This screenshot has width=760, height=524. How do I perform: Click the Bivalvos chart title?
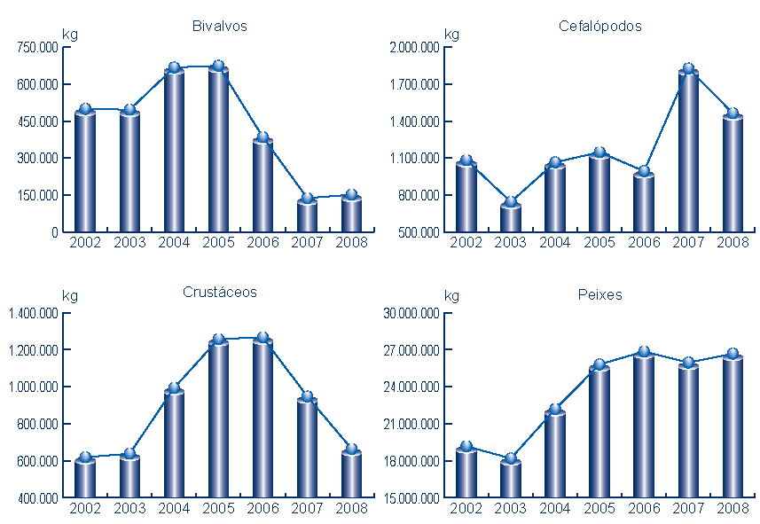click(219, 26)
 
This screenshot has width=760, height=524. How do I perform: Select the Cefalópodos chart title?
click(599, 26)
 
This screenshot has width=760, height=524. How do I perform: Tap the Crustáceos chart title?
click(220, 292)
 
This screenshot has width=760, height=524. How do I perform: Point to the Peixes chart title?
click(600, 294)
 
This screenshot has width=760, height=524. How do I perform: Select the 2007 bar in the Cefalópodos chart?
click(688, 151)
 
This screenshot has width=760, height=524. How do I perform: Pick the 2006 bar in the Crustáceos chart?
click(262, 417)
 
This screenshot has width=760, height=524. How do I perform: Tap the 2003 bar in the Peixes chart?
click(510, 479)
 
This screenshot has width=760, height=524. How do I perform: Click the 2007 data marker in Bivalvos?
click(307, 199)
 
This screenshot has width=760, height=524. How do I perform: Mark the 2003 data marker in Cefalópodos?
click(510, 202)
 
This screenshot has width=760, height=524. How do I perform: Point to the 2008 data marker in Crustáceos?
click(351, 450)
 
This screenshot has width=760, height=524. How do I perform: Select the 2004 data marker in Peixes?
click(555, 410)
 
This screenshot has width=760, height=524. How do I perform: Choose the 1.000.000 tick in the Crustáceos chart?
click(34, 387)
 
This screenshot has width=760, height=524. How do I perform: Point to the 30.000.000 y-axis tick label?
click(412, 313)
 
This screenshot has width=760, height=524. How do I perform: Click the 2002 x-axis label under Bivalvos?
click(85, 242)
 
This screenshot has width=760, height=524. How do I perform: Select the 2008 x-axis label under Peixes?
click(733, 508)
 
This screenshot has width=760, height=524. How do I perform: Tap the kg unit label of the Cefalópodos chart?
click(452, 35)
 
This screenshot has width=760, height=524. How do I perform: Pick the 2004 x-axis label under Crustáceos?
click(174, 508)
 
